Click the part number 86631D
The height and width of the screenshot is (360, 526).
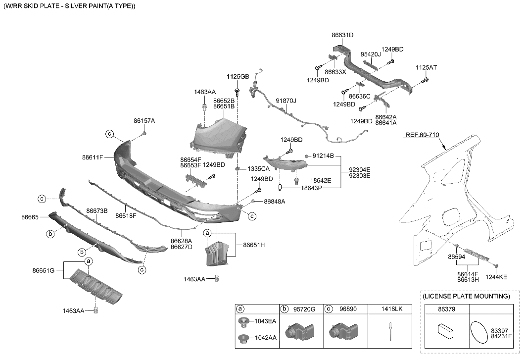(342, 35)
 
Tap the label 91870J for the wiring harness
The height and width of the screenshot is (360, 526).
(286, 101)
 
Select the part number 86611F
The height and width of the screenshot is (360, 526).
(93, 157)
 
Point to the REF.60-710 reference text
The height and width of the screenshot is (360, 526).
(422, 135)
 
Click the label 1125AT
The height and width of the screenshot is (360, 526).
(426, 67)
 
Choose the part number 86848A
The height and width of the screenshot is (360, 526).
(274, 202)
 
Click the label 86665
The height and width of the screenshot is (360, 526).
(30, 217)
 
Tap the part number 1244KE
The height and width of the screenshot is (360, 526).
(496, 277)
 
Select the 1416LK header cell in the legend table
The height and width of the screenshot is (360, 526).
(392, 309)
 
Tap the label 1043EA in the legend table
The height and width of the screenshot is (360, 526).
(265, 321)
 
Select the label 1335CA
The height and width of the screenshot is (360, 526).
(258, 169)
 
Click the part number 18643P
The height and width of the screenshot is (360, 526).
(312, 188)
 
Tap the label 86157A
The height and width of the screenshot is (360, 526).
(144, 120)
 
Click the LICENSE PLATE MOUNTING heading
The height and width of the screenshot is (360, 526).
(466, 296)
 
